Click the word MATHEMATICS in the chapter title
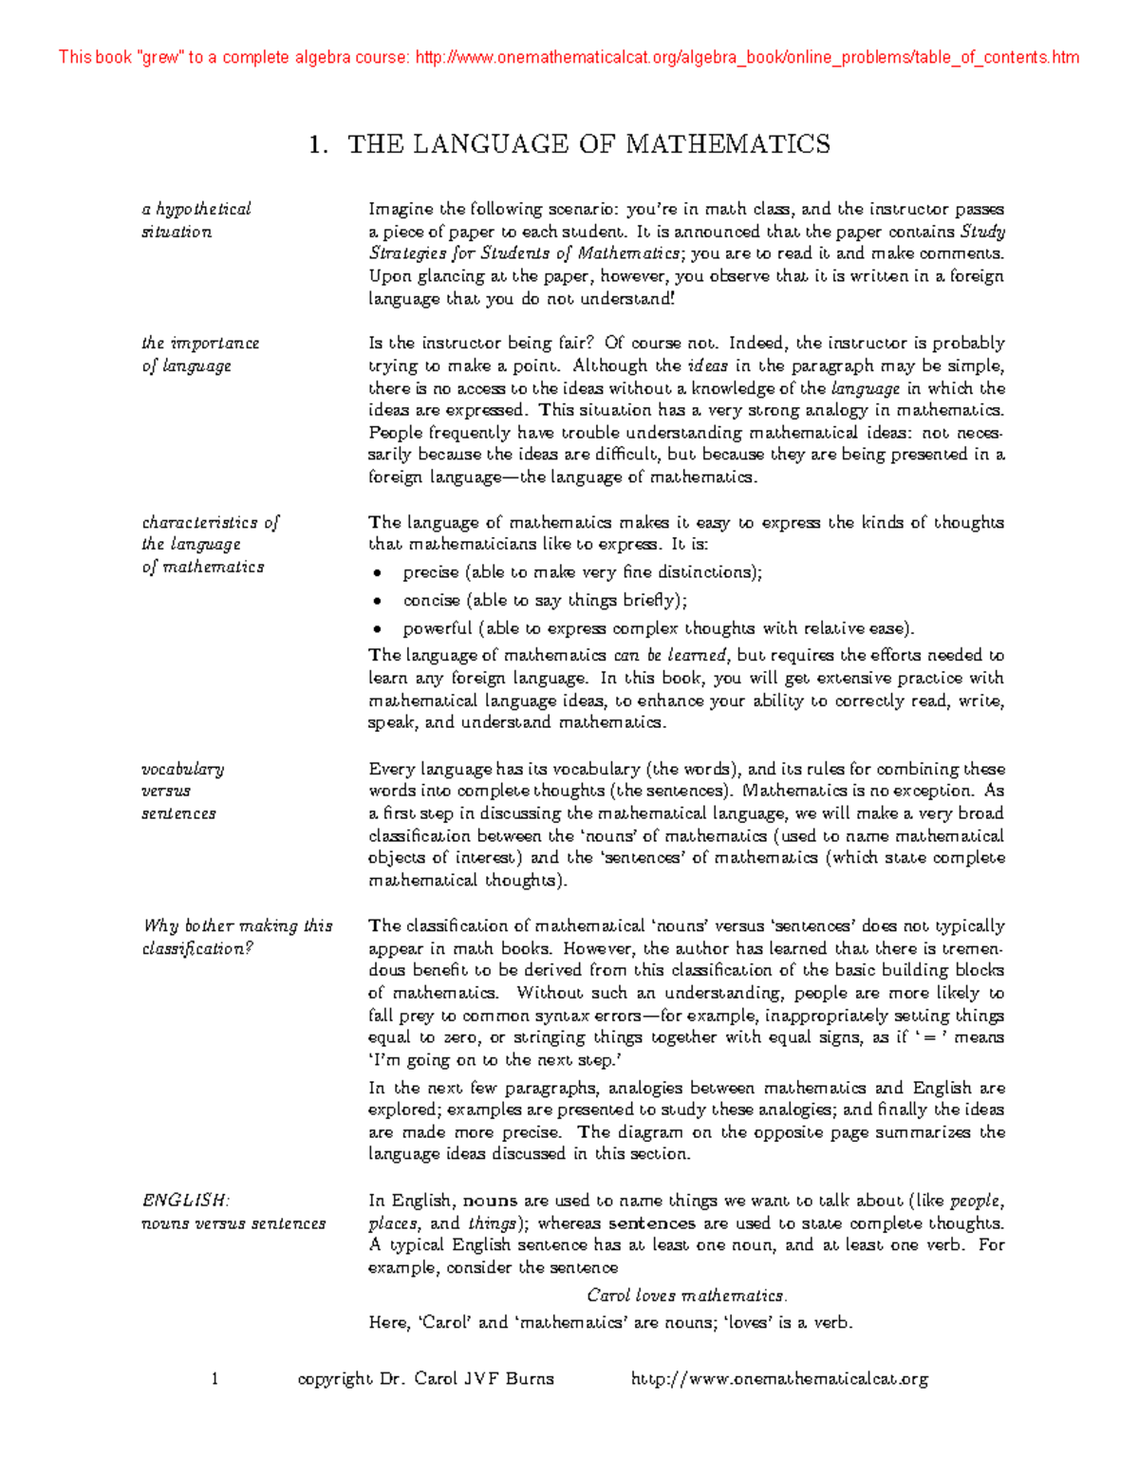[x=727, y=144]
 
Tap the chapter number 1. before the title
[x=319, y=144]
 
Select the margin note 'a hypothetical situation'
[x=196, y=220]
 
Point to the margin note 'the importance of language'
[x=199, y=354]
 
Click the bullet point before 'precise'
[x=378, y=573]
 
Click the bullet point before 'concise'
[x=378, y=601]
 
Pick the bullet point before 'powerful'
[x=378, y=629]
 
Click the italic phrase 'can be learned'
[x=670, y=655]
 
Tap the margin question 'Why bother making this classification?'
[x=236, y=937]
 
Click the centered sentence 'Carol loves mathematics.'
[x=687, y=1296]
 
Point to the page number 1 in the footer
[x=215, y=1378]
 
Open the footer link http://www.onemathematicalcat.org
[x=779, y=1378]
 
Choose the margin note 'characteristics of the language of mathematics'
[x=210, y=545]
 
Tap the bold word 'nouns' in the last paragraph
[x=491, y=1201]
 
